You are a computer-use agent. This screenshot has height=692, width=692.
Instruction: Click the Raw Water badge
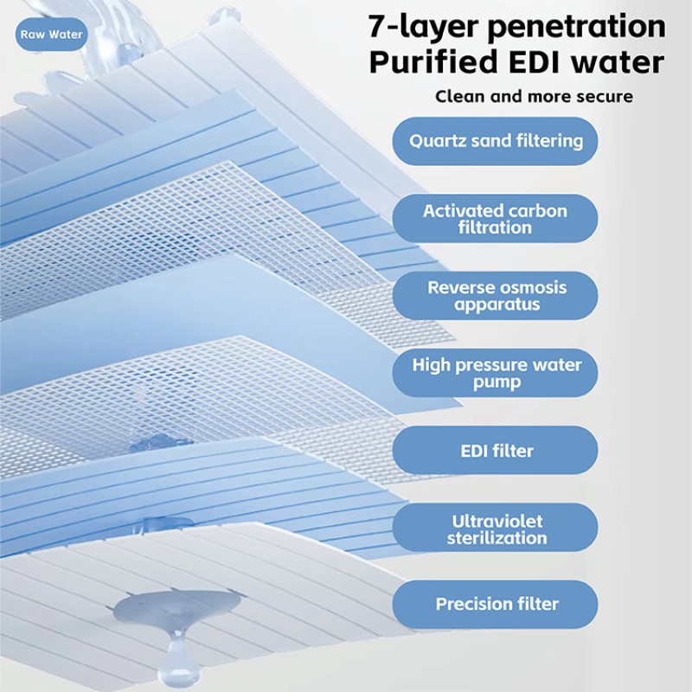pyautogui.click(x=52, y=35)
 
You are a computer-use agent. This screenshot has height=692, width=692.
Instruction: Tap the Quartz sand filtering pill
pyautogui.click(x=495, y=141)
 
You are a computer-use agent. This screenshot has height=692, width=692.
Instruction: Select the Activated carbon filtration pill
pyautogui.click(x=495, y=219)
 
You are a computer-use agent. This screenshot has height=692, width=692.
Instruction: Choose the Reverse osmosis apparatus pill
pyautogui.click(x=495, y=296)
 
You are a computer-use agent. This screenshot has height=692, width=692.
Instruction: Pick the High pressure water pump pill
pyautogui.click(x=495, y=373)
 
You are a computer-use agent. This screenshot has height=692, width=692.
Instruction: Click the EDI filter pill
pyautogui.click(x=495, y=450)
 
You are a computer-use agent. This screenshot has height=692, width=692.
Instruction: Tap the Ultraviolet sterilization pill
pyautogui.click(x=495, y=528)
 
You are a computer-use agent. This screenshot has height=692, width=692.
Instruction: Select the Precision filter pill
pyautogui.click(x=495, y=605)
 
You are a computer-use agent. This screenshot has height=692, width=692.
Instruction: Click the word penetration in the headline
pyautogui.click(x=576, y=27)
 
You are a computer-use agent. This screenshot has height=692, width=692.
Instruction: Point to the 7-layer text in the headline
pyautogui.click(x=423, y=27)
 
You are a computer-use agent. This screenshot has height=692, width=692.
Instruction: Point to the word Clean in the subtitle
pyautogui.click(x=460, y=96)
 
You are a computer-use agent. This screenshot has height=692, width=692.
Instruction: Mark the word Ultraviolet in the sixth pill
pyautogui.click(x=497, y=522)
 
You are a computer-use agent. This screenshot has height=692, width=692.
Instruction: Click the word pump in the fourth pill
pyautogui.click(x=497, y=382)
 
